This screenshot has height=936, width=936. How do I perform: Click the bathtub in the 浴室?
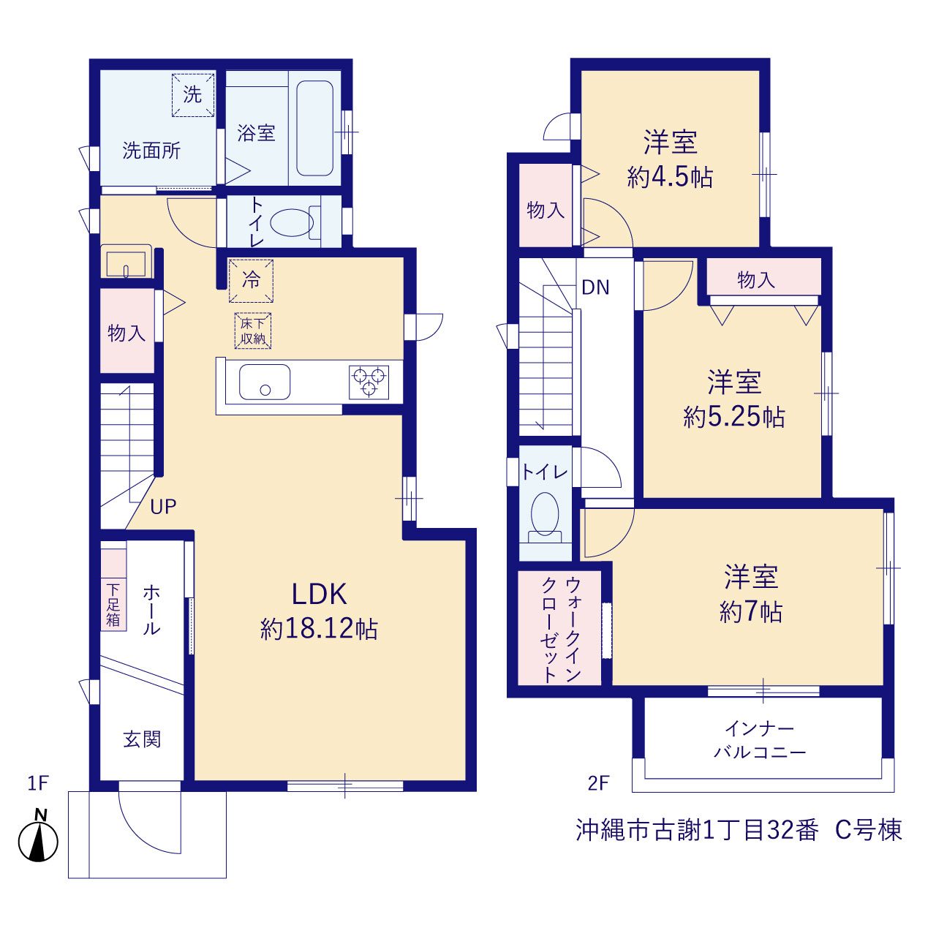314,128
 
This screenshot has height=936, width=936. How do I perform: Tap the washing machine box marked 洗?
193,95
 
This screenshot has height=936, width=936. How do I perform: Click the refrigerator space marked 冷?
251,281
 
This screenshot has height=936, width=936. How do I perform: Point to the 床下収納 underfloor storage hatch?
252,331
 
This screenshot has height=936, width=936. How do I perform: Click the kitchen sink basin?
265,382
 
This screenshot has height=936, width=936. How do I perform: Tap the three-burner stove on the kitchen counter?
369,382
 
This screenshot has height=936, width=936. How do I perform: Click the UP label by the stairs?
163,507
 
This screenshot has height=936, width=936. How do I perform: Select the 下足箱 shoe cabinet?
113,589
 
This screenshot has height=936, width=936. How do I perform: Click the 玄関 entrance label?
142,739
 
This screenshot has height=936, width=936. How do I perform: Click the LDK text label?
319,594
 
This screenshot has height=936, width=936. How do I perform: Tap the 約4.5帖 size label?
670,177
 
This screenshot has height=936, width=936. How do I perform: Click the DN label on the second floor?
595,287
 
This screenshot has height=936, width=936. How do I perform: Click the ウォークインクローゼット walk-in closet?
559,627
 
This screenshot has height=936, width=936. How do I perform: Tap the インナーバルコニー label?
760,741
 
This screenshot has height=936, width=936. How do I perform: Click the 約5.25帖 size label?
734,416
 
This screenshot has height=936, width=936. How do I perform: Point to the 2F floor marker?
598,783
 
